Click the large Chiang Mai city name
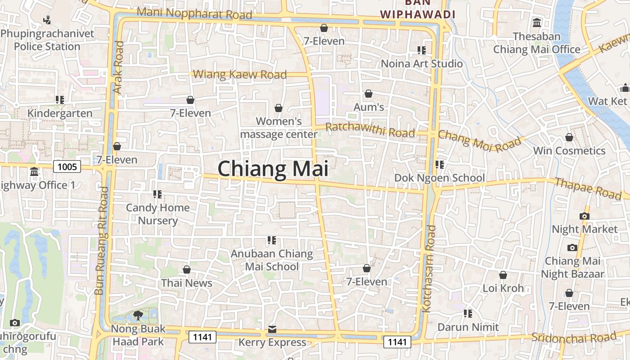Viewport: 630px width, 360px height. pos(273,169)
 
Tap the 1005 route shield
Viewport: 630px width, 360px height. pos(67,167)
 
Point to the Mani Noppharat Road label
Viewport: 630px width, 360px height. pos(194,13)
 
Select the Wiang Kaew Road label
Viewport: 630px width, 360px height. pos(240,74)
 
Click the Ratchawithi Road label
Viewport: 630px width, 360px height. pos(370,130)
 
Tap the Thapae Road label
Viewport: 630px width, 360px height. pos(588,188)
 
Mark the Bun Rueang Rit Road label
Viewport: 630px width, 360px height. pos(102,241)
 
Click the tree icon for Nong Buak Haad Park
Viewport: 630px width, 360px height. pos(138,315)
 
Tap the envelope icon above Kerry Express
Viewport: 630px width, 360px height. pos(272,329)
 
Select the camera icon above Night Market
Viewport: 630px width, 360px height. pos(585,216)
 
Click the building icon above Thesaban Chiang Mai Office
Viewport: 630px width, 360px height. pos(537,22)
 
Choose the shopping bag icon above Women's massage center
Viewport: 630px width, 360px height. pos(279,108)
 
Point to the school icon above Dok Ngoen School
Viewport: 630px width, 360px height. pos(440,165)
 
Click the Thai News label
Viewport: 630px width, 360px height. pos(187,283)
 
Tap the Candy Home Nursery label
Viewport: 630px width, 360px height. pos(157,214)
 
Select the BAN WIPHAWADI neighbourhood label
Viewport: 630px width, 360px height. pos(417,9)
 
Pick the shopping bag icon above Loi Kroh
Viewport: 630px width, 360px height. pos(503,274)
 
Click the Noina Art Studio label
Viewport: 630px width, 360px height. pos(422,63)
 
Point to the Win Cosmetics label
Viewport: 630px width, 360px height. pos(569,151)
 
